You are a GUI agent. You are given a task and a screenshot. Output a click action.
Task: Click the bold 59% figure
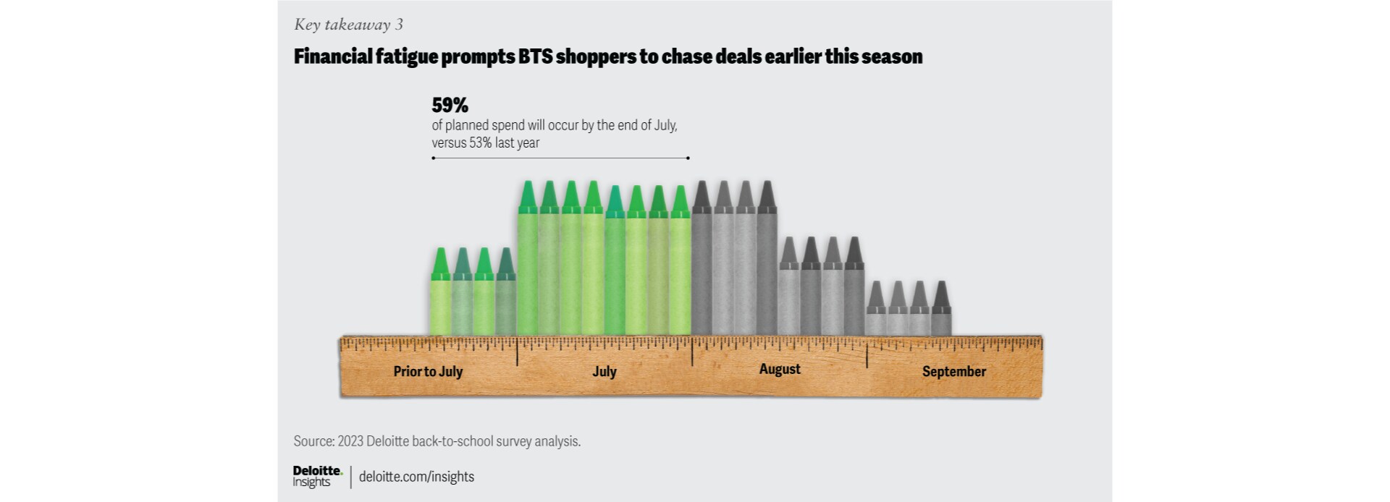click(x=450, y=106)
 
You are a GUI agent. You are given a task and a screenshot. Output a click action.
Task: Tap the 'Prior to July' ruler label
click(x=428, y=372)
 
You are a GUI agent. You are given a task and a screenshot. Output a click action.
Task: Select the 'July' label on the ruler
click(x=605, y=372)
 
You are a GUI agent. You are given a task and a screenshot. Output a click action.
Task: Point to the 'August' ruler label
click(x=780, y=369)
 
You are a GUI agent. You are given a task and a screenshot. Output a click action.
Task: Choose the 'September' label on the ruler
click(x=953, y=372)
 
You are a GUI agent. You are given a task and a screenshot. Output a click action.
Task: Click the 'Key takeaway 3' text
click(x=348, y=25)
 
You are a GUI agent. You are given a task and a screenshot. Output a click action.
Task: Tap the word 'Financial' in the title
click(x=332, y=56)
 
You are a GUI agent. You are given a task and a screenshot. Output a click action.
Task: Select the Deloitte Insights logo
click(x=317, y=476)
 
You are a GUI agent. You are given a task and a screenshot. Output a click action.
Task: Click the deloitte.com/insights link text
click(x=416, y=477)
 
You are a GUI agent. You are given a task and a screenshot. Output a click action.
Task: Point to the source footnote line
click(x=437, y=441)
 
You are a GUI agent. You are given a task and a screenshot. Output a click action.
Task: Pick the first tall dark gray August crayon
click(x=702, y=260)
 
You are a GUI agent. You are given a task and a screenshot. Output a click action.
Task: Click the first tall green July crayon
click(x=528, y=260)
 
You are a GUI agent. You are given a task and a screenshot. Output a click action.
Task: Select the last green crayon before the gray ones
click(x=680, y=264)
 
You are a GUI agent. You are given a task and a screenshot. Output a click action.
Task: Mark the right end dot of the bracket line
click(x=688, y=158)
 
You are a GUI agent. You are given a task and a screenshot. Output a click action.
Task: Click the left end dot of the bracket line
click(x=433, y=158)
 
